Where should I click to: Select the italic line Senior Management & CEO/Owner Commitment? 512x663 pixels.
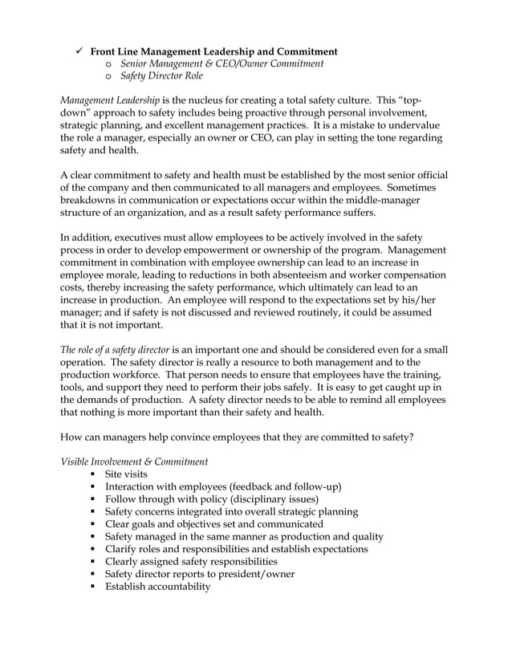221,64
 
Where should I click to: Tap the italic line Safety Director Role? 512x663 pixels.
161,77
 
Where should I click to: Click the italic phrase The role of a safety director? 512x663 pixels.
115,350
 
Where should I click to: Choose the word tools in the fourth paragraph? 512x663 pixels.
76,388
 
